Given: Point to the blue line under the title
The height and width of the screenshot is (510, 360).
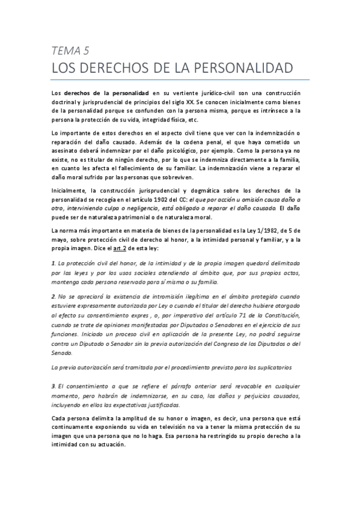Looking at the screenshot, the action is click(180, 79).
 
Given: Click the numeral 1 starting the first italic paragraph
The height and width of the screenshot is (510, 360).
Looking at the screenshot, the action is click(53, 264).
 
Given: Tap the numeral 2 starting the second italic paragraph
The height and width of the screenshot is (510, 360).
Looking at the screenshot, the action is click(53, 297).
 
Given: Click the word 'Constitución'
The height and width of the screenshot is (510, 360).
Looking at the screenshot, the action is click(287, 314).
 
